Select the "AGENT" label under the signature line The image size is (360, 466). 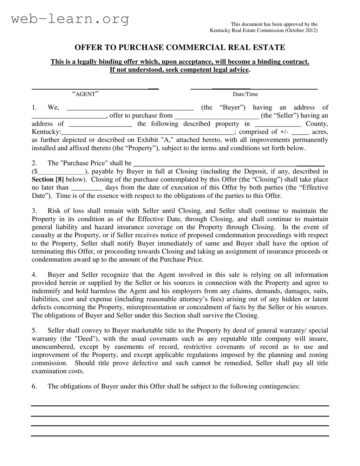(85, 94)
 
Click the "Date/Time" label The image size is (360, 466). (245, 94)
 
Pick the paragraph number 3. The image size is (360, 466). (34, 211)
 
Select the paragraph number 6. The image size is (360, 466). (34, 386)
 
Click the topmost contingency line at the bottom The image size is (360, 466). (180, 406)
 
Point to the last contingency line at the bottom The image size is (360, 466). (180, 436)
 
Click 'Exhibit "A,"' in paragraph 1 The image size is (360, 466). (153, 140)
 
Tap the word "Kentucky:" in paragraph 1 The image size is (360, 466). (46, 132)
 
